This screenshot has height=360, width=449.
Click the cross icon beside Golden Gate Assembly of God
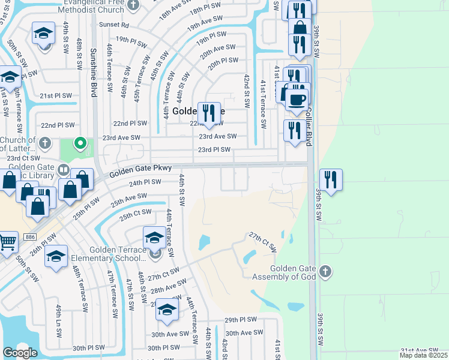click(x=325, y=271)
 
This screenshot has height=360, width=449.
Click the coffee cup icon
click(x=296, y=98)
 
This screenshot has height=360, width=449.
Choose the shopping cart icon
click(x=7, y=242)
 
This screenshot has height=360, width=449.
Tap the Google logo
click(x=20, y=352)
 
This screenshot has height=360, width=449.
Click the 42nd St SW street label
click(x=247, y=91)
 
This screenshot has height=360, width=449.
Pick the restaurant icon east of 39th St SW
click(x=331, y=179)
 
